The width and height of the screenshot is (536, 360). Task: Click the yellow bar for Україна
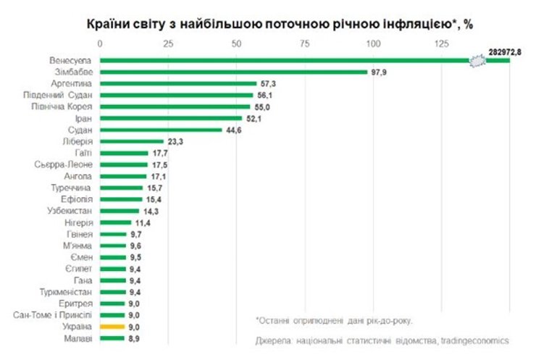tap(113, 327)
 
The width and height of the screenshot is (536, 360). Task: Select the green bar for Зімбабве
tap(234, 72)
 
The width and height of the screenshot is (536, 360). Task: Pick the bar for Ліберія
tap(132, 141)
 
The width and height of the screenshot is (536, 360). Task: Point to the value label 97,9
tap(380, 72)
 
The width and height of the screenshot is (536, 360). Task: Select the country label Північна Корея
tap(67, 106)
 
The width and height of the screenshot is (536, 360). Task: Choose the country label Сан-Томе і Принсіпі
tap(53, 315)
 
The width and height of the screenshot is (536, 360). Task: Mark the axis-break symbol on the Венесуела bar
tap(477, 60)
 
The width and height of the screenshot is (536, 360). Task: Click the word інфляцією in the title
tap(411, 23)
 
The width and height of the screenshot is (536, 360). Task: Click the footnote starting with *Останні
tap(338, 319)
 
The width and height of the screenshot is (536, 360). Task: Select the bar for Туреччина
tap(122, 188)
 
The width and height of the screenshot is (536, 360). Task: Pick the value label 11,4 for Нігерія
tap(143, 222)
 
